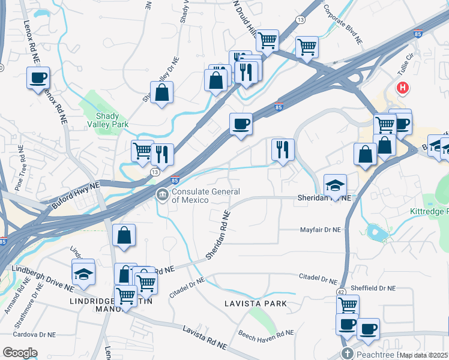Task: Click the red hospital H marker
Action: pyautogui.click(x=402, y=88)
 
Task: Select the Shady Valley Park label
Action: pyautogui.click(x=112, y=120)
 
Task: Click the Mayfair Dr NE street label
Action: pyautogui.click(x=320, y=230)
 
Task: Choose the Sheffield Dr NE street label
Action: pyautogui.click(x=373, y=288)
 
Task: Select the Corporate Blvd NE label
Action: pyautogui.click(x=343, y=25)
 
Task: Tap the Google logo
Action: pyautogui.click(x=20, y=353)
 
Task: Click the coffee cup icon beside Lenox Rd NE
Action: pyautogui.click(x=38, y=77)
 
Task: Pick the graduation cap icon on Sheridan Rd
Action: pyautogui.click(x=336, y=184)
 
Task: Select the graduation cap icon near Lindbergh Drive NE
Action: pyautogui.click(x=83, y=274)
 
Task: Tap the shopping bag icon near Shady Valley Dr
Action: pyautogui.click(x=162, y=92)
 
